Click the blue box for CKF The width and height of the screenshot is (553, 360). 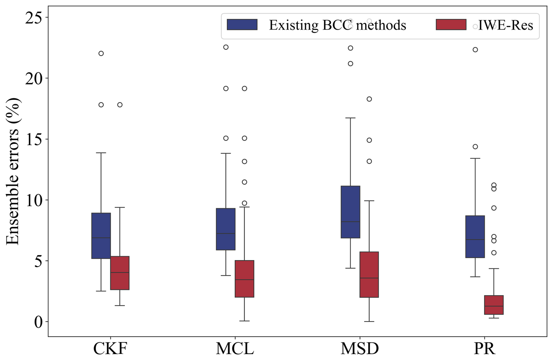coord(101,236)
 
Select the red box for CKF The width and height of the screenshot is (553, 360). coord(120,273)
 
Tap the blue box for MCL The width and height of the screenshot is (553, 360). coord(226,229)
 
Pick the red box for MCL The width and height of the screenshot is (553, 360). coord(244,279)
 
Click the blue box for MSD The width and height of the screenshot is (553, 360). coord(350,212)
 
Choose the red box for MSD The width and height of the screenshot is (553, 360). coord(369,274)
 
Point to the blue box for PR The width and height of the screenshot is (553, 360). coord(475,237)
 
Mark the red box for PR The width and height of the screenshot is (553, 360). coord(494,305)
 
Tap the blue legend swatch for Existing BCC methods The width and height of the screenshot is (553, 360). coord(242,25)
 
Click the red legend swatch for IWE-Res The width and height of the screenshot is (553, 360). coord(451,25)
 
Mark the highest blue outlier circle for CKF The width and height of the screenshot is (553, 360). coord(101,54)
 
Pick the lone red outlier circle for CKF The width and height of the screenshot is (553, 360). coord(120,105)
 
